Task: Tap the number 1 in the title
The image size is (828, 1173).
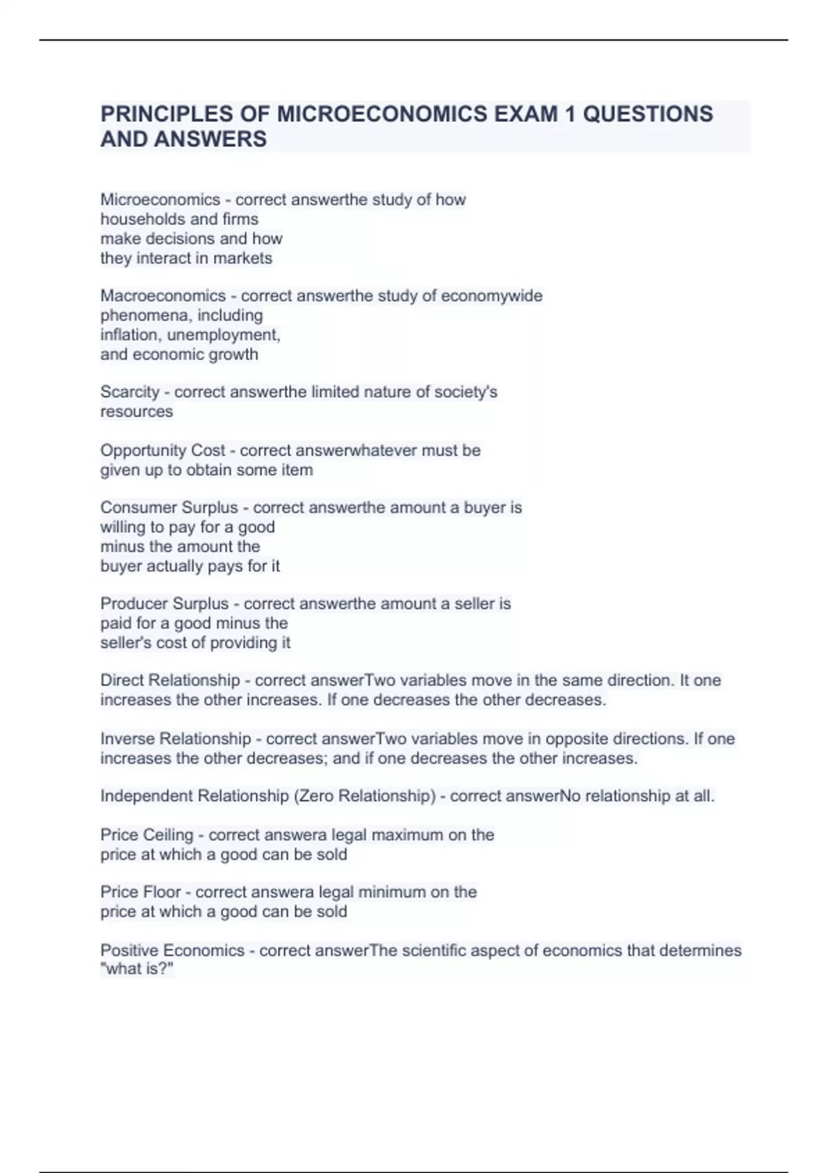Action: (569, 113)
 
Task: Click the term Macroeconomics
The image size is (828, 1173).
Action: (163, 295)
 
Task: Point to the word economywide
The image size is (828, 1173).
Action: (491, 295)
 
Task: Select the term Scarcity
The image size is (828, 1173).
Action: (130, 392)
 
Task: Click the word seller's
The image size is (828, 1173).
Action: (126, 642)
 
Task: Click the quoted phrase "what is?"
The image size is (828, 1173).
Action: (137, 969)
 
